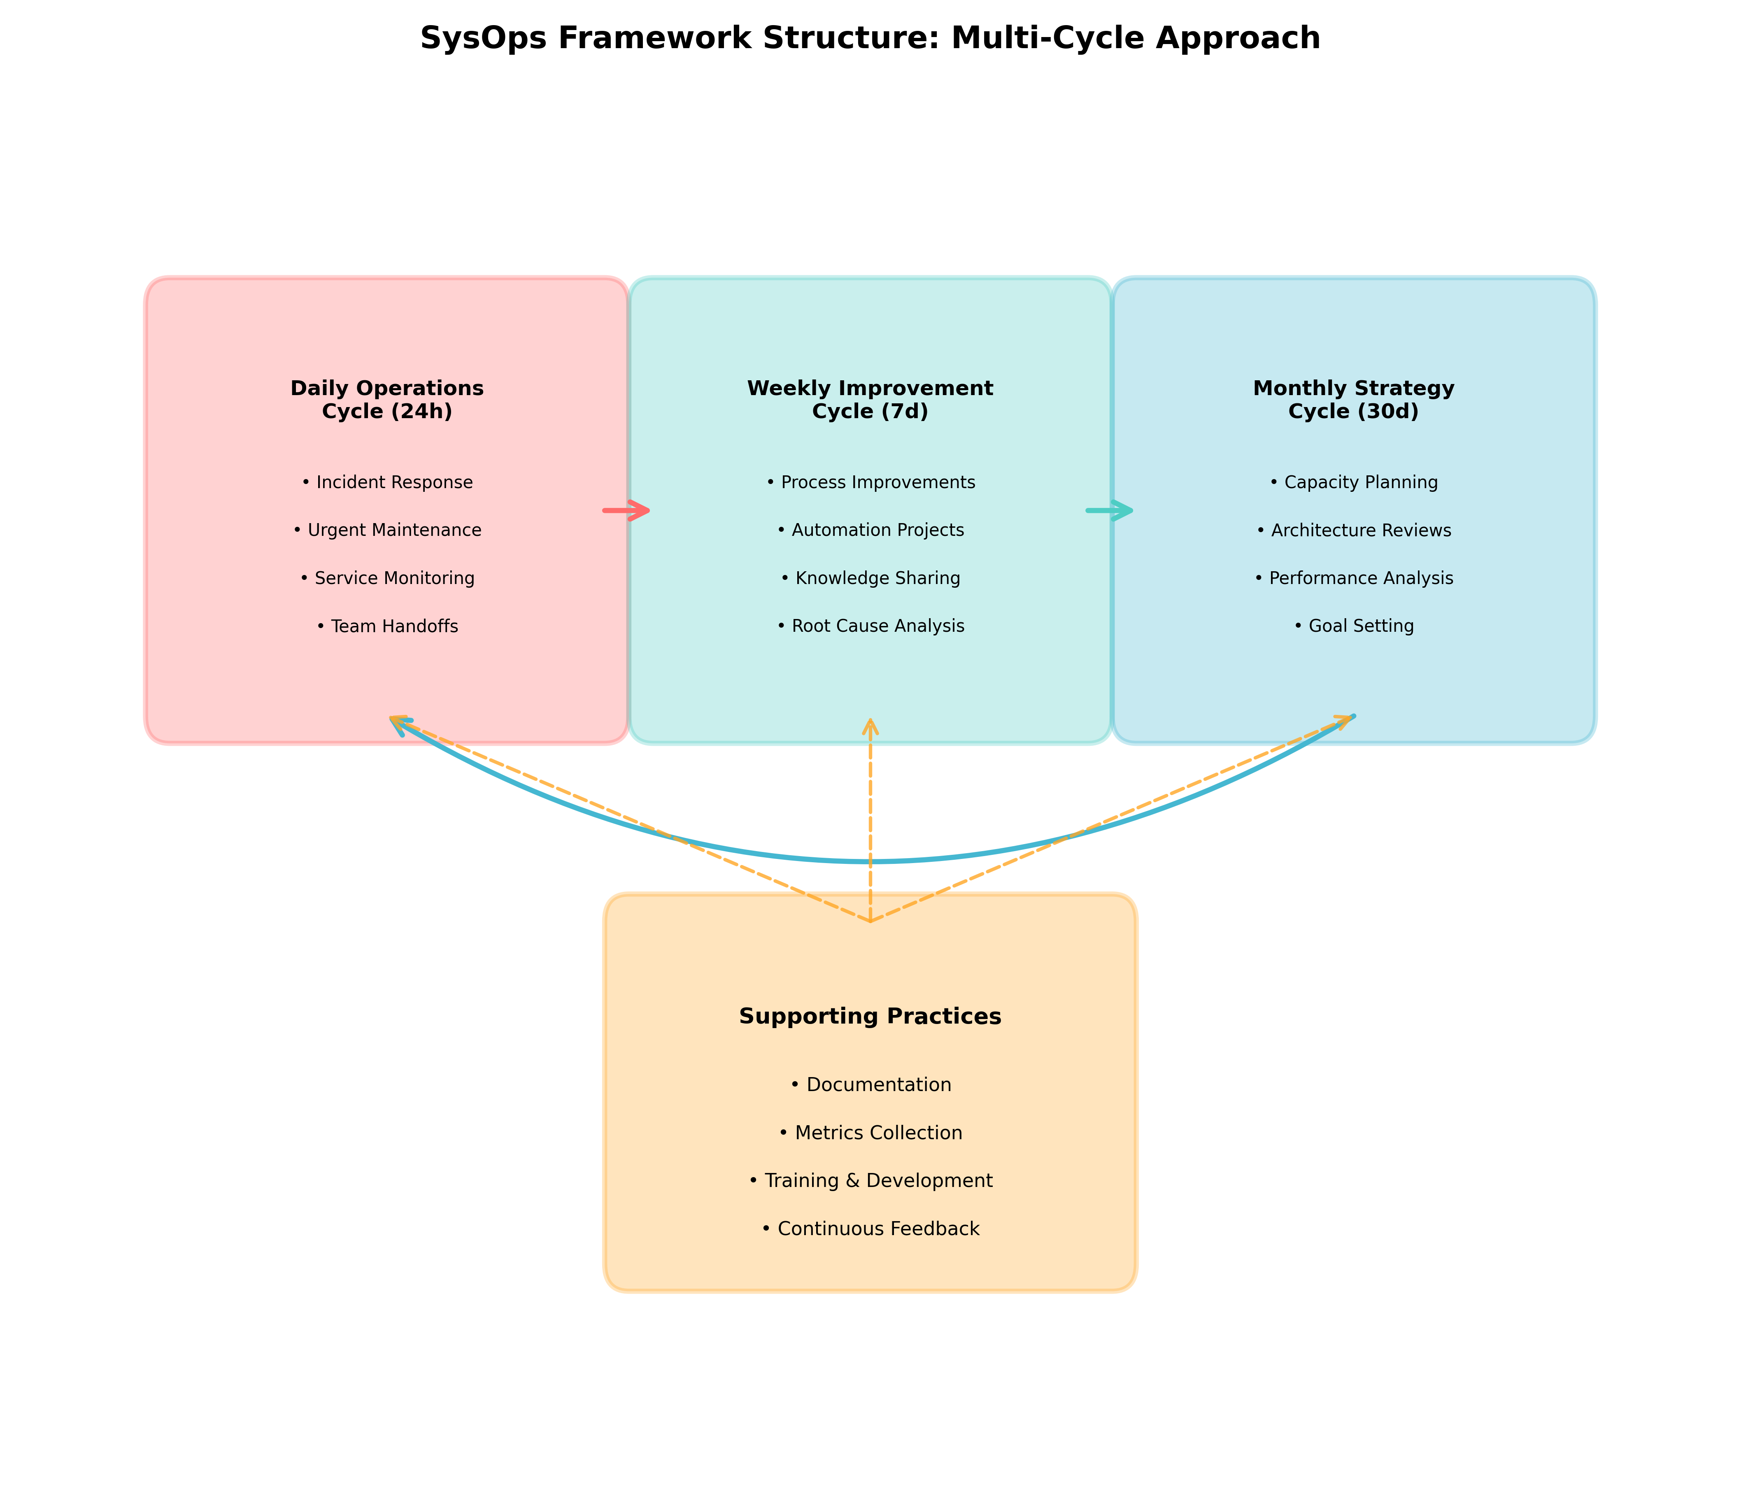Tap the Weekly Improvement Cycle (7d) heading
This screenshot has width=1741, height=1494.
point(870,400)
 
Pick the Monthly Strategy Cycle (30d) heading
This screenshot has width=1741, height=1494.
point(1353,400)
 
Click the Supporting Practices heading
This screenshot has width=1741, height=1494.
point(870,1017)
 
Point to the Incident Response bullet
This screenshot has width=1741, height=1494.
point(387,482)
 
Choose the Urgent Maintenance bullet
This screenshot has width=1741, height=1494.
point(387,530)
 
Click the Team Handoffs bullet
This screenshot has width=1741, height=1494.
point(387,626)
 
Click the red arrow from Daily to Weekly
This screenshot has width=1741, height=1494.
point(626,510)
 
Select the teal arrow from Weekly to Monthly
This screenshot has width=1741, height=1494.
point(1109,510)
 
